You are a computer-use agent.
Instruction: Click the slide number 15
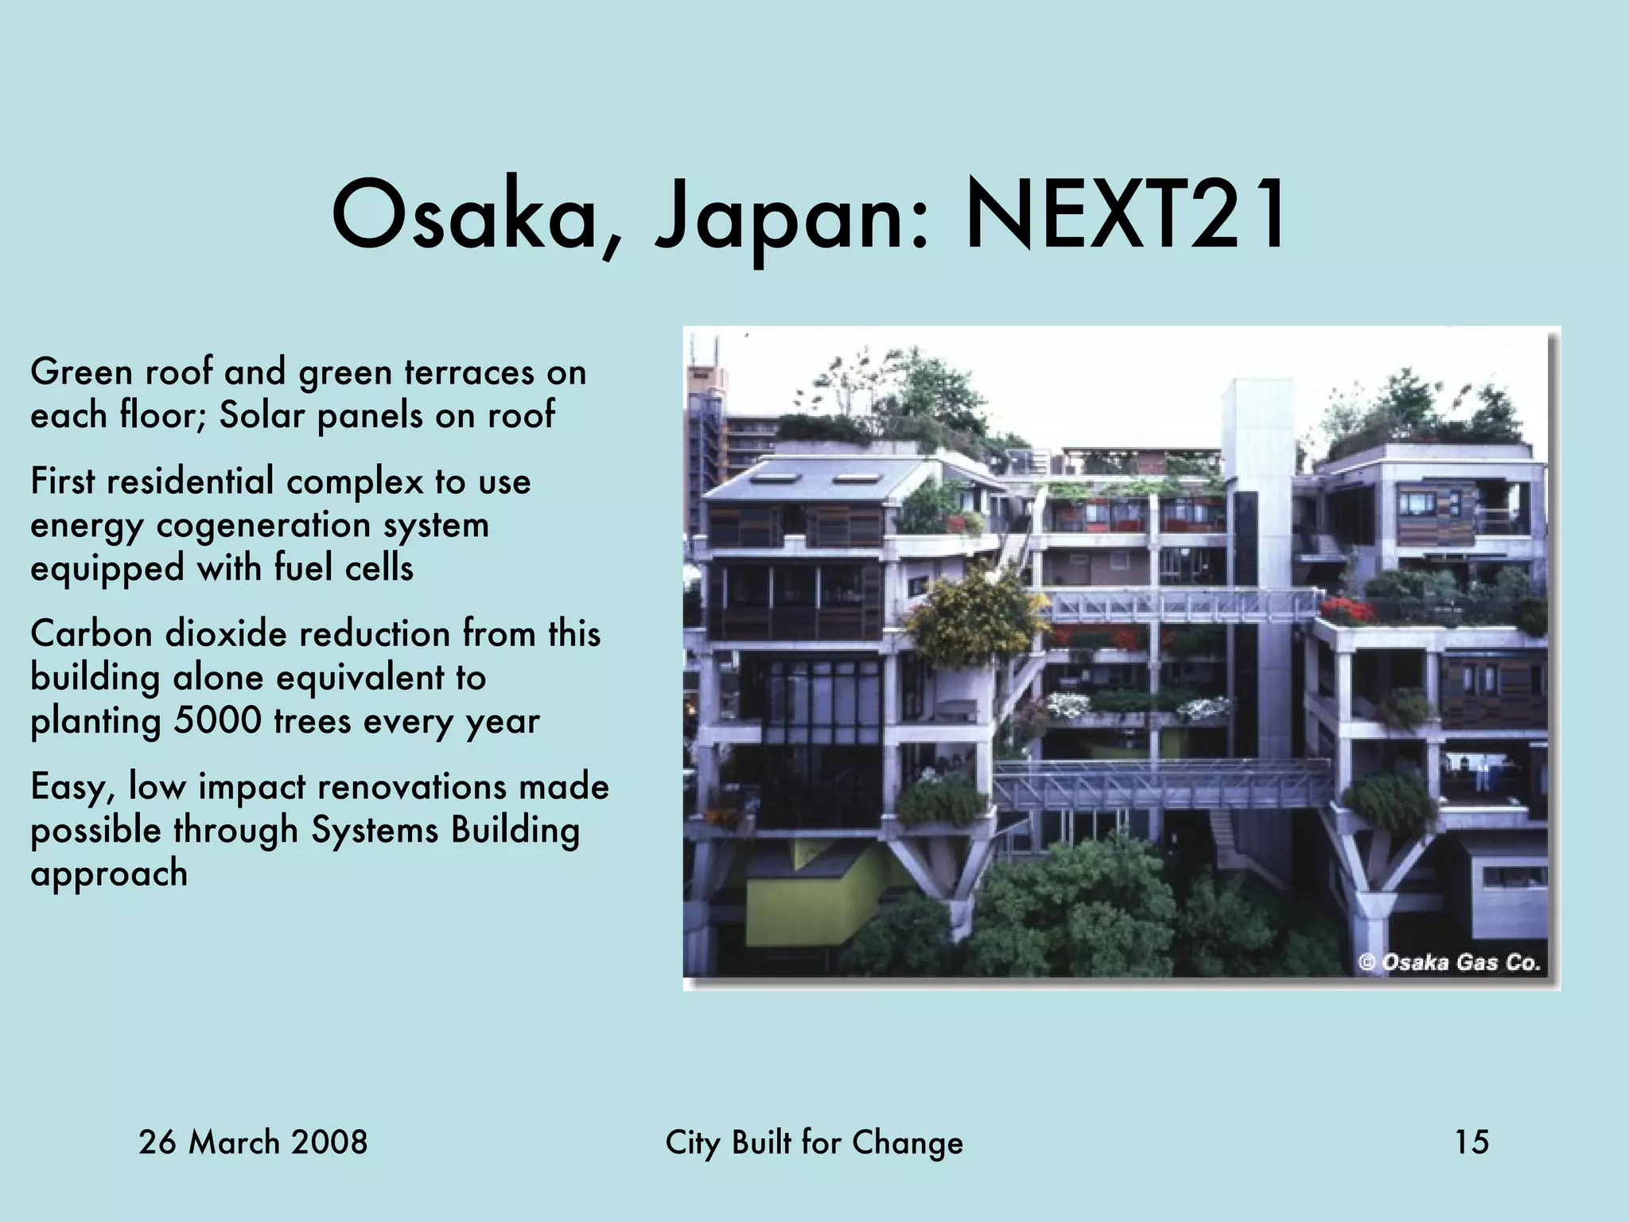1472,1142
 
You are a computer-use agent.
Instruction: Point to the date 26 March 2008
253,1142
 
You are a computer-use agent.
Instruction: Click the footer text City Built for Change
814,1142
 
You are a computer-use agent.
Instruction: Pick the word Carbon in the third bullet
91,634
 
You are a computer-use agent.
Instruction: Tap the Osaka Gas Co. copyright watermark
1450,963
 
